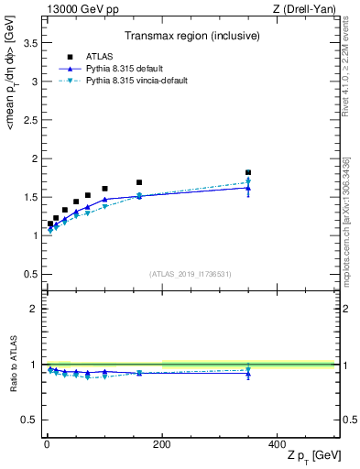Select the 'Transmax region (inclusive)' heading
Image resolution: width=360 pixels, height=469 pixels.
(190, 36)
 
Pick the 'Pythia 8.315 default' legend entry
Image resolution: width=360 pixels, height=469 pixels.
(127, 69)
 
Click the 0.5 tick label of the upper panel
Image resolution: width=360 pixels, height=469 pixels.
(31, 274)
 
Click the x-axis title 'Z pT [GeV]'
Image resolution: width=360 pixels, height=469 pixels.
(311, 456)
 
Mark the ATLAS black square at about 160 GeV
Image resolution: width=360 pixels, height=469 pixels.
(139, 182)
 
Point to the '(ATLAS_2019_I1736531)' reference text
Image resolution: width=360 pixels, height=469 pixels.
(190, 274)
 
